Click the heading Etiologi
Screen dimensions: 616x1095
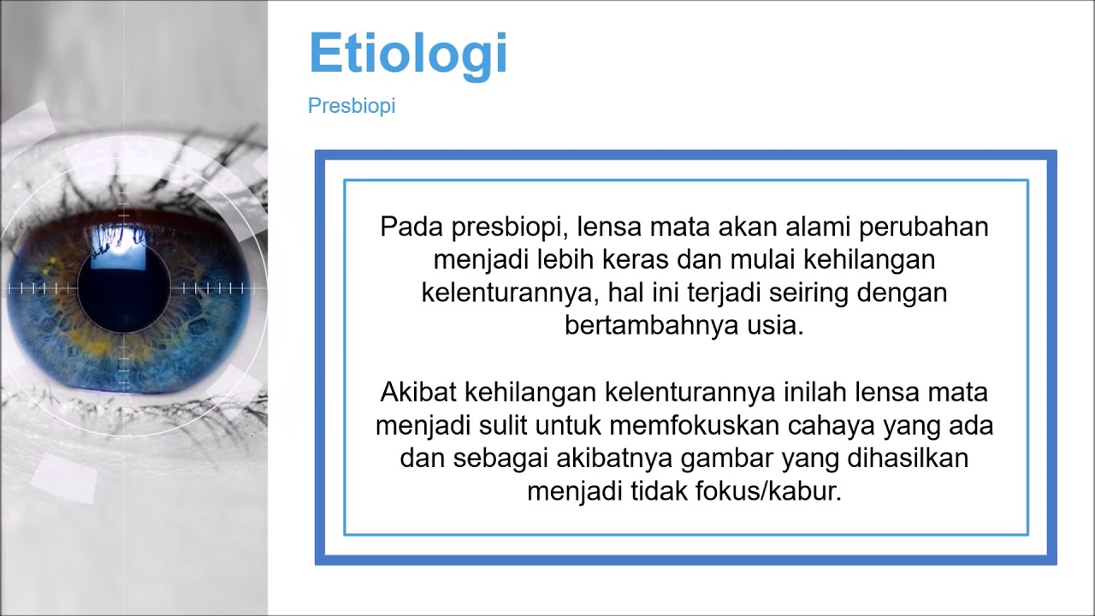pos(408,54)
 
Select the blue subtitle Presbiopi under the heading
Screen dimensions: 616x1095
pos(352,107)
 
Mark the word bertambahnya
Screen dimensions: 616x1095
pos(647,325)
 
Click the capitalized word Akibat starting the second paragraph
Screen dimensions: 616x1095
pos(417,393)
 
